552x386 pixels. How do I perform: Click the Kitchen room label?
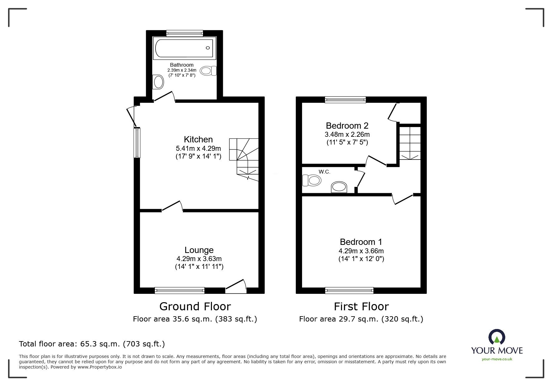[x=198, y=139]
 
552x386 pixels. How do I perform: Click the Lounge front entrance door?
[x=236, y=287]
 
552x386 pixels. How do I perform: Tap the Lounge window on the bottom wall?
[x=180, y=290]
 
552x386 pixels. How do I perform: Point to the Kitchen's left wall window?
[x=137, y=143]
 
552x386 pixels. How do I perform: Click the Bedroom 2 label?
[x=347, y=126]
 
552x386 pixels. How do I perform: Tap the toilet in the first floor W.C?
[x=312, y=180]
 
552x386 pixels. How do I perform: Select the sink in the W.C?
[x=339, y=187]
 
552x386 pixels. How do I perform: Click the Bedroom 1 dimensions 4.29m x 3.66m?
[x=361, y=251]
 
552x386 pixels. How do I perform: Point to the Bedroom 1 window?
[x=349, y=290]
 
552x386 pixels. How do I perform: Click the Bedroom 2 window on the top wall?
[x=345, y=100]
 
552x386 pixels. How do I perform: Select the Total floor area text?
[x=92, y=344]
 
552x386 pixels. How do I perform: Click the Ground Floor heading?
[x=195, y=307]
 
